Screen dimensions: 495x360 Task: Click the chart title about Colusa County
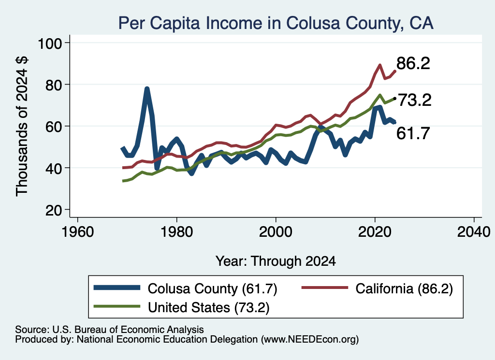coord(276,23)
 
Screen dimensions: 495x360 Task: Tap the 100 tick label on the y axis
coord(50,43)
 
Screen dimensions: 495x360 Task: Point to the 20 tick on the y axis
coord(53,211)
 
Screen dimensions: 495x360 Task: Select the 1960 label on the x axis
coord(78,232)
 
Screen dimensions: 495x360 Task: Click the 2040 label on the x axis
coord(474,232)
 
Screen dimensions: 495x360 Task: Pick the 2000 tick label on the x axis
coord(276,232)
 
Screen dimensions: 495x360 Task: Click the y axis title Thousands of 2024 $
coord(22,126)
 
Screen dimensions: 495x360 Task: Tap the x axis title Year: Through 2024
coord(276,261)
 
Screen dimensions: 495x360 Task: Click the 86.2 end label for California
coord(413,63)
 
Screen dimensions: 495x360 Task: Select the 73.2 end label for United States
coord(414,101)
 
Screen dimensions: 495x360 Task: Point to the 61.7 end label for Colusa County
coord(413,133)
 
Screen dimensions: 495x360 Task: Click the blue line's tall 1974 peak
coord(147,88)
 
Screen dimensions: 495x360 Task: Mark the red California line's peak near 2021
coord(380,65)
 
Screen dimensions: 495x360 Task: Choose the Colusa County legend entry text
coord(213,288)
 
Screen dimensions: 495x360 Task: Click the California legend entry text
coord(404,288)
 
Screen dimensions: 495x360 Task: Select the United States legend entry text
coord(209,308)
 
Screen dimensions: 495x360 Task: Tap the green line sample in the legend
coord(117,306)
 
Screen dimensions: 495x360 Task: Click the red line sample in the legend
coord(325,288)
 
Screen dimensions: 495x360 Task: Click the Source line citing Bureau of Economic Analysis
coord(109,330)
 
